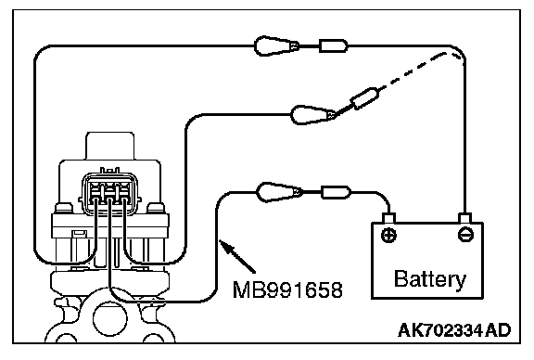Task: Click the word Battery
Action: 430,279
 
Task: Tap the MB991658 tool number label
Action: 287,290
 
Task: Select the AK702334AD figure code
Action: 454,330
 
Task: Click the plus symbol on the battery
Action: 388,235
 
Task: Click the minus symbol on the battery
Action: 465,235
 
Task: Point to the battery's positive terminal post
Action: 388,218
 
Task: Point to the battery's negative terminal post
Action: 464,218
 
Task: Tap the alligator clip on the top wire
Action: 276,45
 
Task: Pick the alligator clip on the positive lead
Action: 279,193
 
